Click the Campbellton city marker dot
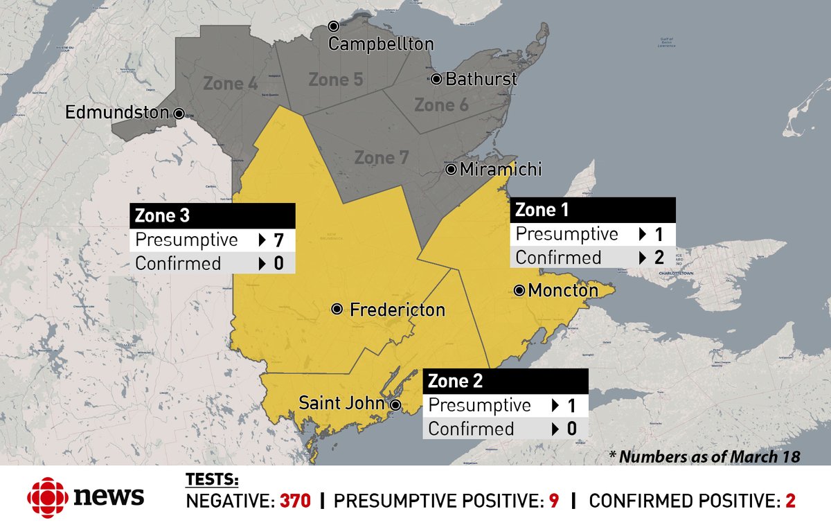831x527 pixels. (333, 26)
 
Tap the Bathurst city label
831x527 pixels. (481, 79)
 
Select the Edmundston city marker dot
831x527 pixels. (179, 113)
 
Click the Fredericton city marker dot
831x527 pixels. (337, 310)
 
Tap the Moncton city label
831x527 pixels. (563, 291)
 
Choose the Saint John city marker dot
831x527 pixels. (395, 404)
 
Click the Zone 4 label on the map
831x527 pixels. (231, 84)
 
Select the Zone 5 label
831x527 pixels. (336, 80)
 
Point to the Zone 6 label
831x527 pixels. (441, 105)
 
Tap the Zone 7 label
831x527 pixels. (382, 158)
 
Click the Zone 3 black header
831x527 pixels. (213, 215)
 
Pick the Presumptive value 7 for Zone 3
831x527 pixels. (278, 240)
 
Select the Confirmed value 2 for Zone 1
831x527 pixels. (659, 258)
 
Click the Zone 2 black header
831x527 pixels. (506, 380)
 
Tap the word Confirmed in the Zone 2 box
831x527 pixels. (471, 429)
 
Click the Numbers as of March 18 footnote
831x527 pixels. (704, 456)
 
